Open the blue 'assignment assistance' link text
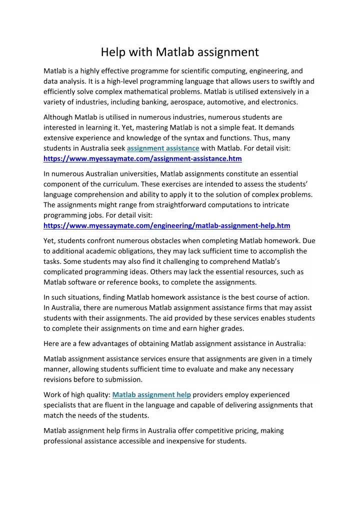point(163,148)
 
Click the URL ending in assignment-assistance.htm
point(142,158)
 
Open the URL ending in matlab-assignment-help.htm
point(167,225)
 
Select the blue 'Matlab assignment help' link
point(152,394)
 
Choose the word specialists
point(62,405)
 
